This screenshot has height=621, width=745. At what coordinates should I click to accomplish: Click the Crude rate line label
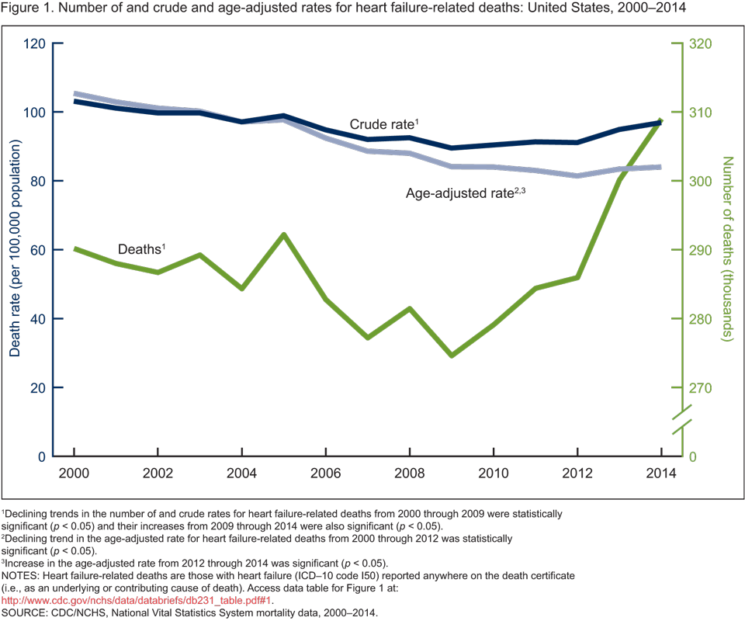pyautogui.click(x=383, y=124)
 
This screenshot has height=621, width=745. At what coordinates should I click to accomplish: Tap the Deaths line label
pyautogui.click(x=142, y=249)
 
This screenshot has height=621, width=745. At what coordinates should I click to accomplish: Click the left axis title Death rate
pyautogui.click(x=15, y=250)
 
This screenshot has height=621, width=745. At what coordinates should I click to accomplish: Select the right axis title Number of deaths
pyautogui.click(x=727, y=250)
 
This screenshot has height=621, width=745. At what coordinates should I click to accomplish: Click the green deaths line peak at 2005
pyautogui.click(x=284, y=234)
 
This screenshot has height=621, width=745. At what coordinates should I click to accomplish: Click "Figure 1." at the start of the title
pyautogui.click(x=28, y=9)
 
